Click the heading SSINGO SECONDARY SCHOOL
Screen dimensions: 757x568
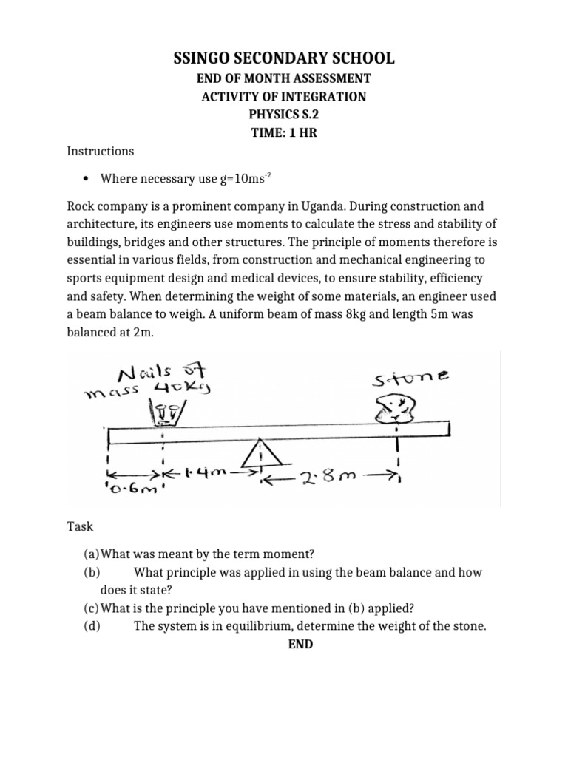(283, 58)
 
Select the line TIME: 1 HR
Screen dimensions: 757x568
(283, 132)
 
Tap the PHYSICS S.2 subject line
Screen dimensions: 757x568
(283, 115)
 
